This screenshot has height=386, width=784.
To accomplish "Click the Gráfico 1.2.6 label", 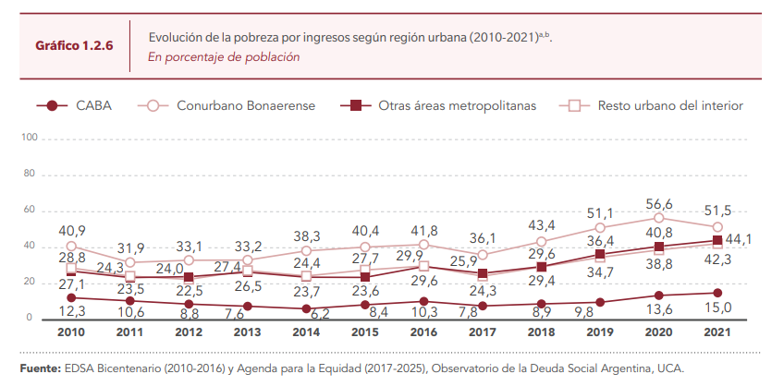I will pos(74,44).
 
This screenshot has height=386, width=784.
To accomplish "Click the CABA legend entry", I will pos(95,105).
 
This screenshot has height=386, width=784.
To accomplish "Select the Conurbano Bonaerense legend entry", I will pos(246,105).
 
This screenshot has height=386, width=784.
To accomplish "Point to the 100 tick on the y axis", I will pos(29,138).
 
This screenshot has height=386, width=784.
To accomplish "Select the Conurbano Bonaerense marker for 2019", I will pos(600,228).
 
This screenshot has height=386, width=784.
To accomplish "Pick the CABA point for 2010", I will pos(71,297).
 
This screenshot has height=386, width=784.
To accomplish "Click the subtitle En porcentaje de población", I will pos(224,56).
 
